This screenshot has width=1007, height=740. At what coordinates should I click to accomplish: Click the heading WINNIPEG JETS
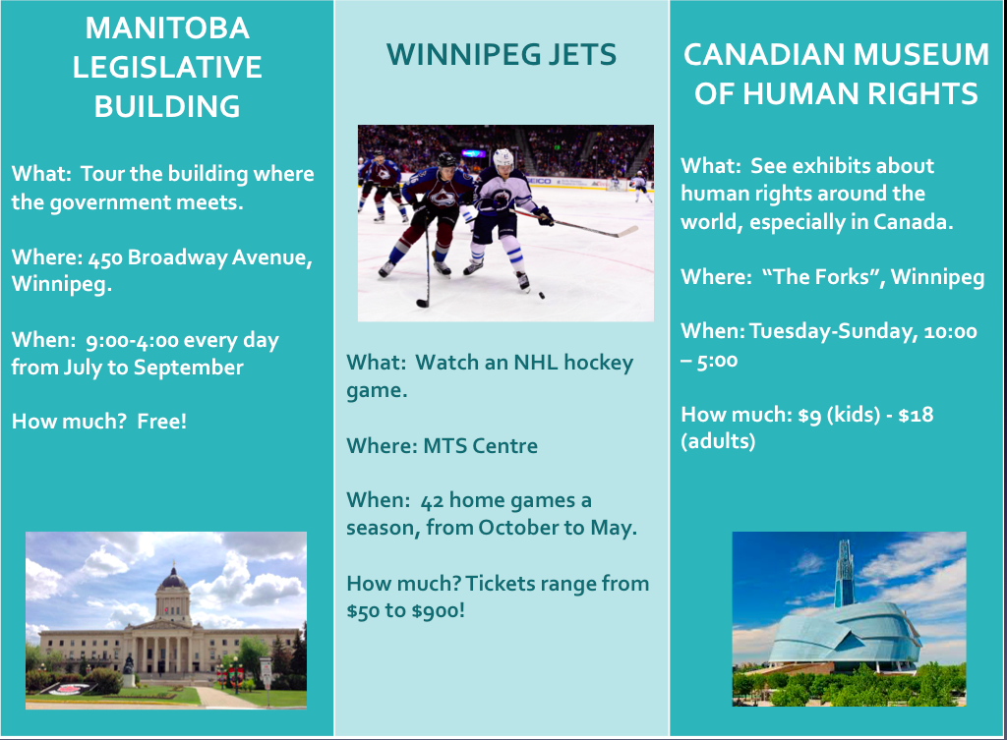[502, 55]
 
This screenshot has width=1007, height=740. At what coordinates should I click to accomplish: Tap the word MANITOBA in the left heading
[167, 28]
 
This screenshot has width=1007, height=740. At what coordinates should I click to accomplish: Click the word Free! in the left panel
[162, 421]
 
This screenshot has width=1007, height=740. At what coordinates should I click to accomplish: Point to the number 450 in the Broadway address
[104, 258]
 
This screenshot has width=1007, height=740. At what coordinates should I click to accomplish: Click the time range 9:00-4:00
[133, 340]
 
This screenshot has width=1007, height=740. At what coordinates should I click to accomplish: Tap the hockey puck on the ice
[542, 295]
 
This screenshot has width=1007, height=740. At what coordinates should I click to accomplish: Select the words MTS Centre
[480, 446]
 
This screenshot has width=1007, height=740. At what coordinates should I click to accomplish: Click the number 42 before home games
[433, 500]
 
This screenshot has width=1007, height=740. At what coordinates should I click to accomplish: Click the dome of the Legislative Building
[173, 578]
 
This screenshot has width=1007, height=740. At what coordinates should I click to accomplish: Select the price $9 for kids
[809, 416]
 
